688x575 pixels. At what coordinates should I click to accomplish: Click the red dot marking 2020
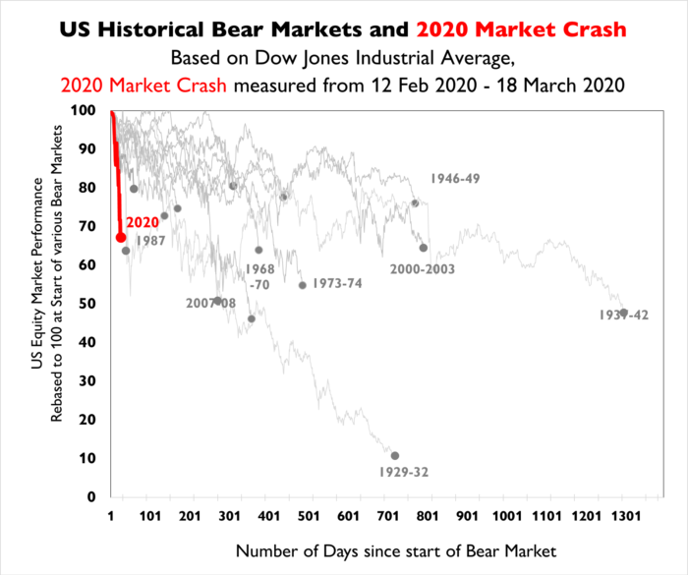pos(120,237)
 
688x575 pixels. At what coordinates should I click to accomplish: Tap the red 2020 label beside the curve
pos(143,223)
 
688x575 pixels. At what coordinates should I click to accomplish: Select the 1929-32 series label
pos(402,472)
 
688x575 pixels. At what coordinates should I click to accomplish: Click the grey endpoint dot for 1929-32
pos(395,456)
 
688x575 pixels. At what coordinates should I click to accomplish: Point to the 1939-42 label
pos(623,315)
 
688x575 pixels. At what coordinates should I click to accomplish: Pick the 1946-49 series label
pos(455,179)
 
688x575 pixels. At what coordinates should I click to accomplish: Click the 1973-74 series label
pos(337,283)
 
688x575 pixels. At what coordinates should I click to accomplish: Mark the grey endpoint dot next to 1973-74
pos(303,285)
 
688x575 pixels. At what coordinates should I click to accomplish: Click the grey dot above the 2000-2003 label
pos(424,248)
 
